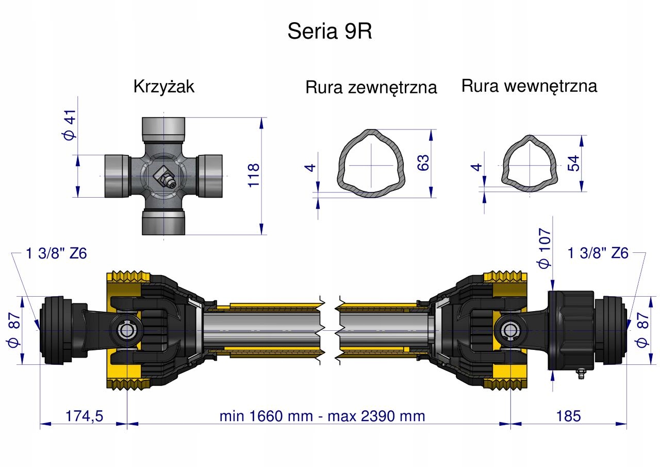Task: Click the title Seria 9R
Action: [329, 32]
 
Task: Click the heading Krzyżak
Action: [163, 86]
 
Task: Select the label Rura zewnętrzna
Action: [371, 87]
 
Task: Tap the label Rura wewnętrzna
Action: [529, 86]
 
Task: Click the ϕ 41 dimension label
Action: [70, 124]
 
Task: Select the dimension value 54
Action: [574, 164]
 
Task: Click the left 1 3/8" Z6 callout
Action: [56, 253]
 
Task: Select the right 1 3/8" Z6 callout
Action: [598, 253]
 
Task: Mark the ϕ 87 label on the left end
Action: [15, 330]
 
